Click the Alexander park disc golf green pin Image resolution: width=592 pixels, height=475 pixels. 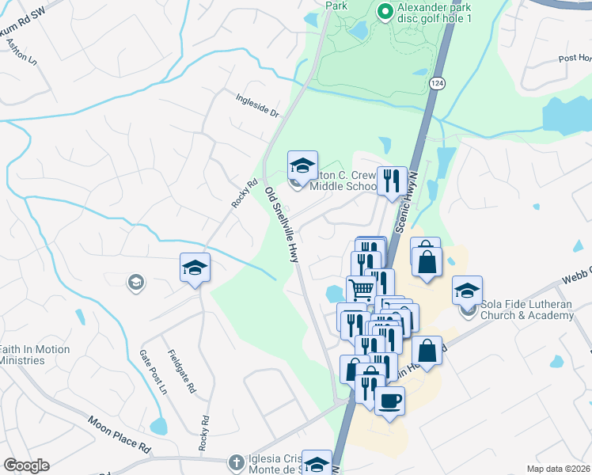click(x=385, y=11)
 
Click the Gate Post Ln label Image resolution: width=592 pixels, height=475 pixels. click(x=154, y=373)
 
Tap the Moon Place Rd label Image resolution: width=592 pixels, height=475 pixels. click(x=119, y=434)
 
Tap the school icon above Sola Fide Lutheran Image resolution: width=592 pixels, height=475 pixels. click(x=468, y=291)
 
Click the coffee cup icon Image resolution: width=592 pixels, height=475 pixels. click(x=389, y=401)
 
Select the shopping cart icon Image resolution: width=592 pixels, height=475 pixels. click(x=361, y=290)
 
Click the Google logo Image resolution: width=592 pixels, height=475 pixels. click(x=26, y=465)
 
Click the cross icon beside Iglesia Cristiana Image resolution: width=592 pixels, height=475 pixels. click(x=235, y=462)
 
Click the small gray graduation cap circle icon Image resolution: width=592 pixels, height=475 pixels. click(x=135, y=282)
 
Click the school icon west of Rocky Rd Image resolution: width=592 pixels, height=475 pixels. click(x=195, y=268)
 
